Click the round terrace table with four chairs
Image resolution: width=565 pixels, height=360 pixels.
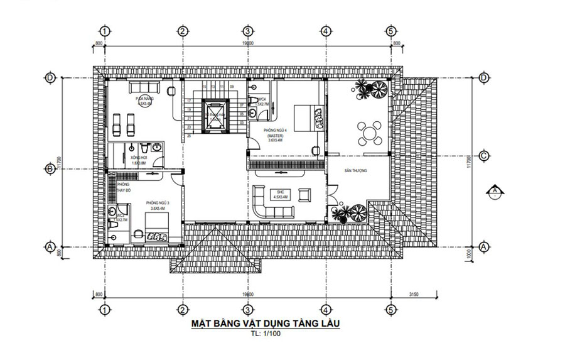click(369, 133)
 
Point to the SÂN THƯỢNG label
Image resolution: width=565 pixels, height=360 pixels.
click(355, 171)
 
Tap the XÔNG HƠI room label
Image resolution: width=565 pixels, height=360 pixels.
click(138, 160)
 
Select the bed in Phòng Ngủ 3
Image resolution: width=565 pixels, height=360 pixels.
click(157, 229)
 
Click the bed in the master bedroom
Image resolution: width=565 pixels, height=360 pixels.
click(307, 117)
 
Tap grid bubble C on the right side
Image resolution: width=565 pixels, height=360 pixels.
click(483, 155)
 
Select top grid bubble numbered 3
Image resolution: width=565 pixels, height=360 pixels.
click(247, 30)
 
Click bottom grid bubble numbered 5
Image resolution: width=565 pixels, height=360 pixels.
click(391, 309)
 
